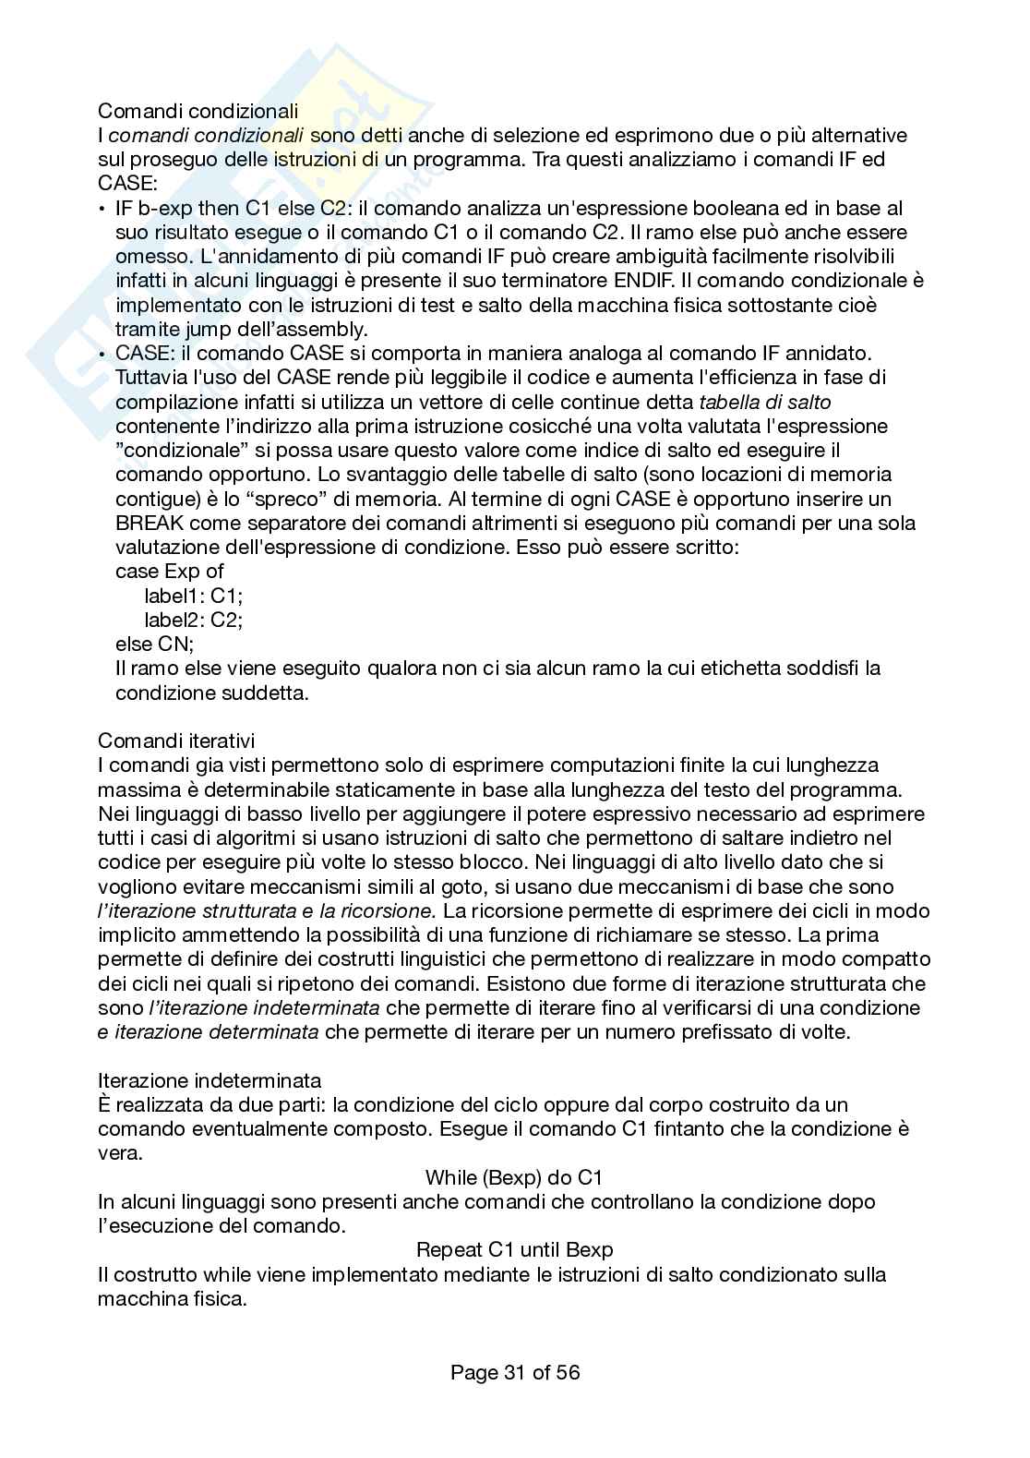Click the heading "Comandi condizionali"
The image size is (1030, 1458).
pyautogui.click(x=198, y=112)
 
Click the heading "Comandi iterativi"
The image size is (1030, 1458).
pyautogui.click(x=176, y=741)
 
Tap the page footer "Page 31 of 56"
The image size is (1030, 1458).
pyautogui.click(x=515, y=1372)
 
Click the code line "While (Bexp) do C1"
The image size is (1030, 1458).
pyautogui.click(x=514, y=1177)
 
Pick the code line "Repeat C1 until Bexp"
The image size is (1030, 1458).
pyautogui.click(x=514, y=1250)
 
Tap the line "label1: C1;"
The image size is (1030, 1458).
pyautogui.click(x=194, y=596)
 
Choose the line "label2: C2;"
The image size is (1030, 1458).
pyautogui.click(x=194, y=620)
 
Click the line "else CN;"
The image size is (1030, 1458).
pyautogui.click(x=154, y=644)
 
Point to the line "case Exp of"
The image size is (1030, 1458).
pyautogui.click(x=170, y=572)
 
